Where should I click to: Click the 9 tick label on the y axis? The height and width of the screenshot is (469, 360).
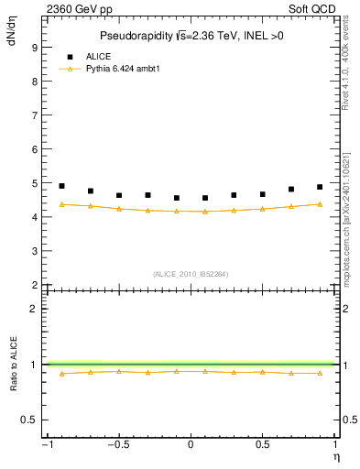[34, 47]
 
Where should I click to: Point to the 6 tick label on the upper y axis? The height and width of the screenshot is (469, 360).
[34, 148]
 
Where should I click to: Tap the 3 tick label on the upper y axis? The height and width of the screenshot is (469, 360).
[34, 251]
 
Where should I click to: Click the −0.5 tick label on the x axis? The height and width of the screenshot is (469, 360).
[118, 445]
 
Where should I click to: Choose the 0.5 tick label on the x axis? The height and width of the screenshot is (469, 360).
[263, 445]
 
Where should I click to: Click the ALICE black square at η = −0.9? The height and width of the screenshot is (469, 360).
[61, 186]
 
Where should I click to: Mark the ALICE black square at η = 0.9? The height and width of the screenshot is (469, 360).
[320, 187]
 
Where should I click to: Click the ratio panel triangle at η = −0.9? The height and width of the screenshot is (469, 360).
[61, 373]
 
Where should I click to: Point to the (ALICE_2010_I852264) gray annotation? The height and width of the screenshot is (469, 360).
[191, 274]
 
